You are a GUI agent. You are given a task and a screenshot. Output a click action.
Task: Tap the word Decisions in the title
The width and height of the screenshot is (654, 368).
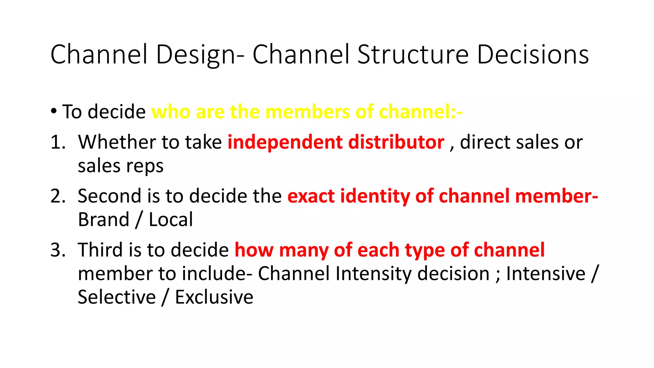click(533, 54)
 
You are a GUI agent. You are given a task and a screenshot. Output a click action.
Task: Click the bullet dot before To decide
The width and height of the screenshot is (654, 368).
click(54, 111)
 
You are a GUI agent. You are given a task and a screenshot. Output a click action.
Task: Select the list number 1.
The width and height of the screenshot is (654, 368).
click(57, 142)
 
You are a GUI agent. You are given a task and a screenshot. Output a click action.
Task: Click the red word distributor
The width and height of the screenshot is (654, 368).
click(396, 142)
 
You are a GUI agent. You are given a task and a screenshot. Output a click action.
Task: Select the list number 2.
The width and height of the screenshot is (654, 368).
click(57, 196)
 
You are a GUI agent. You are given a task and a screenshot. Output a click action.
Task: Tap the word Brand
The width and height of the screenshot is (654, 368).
click(103, 219)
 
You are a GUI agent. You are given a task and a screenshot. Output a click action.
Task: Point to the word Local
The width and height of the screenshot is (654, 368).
click(171, 219)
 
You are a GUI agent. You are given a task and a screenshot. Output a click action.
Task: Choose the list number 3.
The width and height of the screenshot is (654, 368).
click(57, 250)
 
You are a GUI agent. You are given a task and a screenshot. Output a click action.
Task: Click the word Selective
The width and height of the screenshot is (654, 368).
click(117, 297)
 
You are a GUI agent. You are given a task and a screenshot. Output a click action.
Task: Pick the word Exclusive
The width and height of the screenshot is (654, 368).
click(214, 297)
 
